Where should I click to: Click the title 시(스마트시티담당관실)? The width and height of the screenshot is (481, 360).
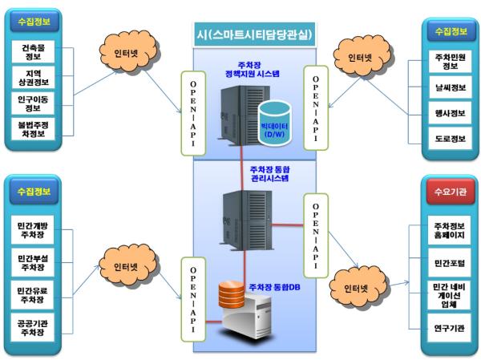[x=255, y=34]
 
